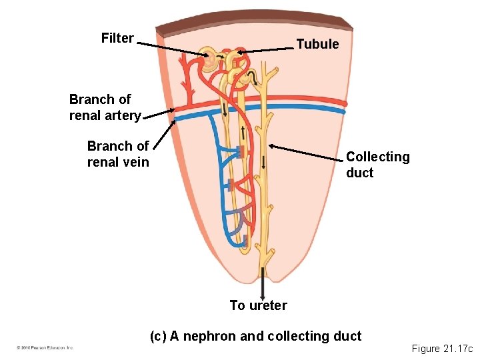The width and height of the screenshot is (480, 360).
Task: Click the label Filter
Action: pos(117,38)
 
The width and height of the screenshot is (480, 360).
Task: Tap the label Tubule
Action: pos(317,45)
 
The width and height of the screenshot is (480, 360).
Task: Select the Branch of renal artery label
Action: pos(105,107)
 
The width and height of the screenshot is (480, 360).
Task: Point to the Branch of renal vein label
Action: pos(118,154)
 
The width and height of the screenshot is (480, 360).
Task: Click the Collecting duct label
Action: pos(377,165)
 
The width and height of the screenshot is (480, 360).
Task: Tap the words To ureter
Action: pos(258,305)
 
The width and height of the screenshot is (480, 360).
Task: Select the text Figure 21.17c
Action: pos(441,348)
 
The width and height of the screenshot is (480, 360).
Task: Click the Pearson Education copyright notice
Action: pos(45,347)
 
